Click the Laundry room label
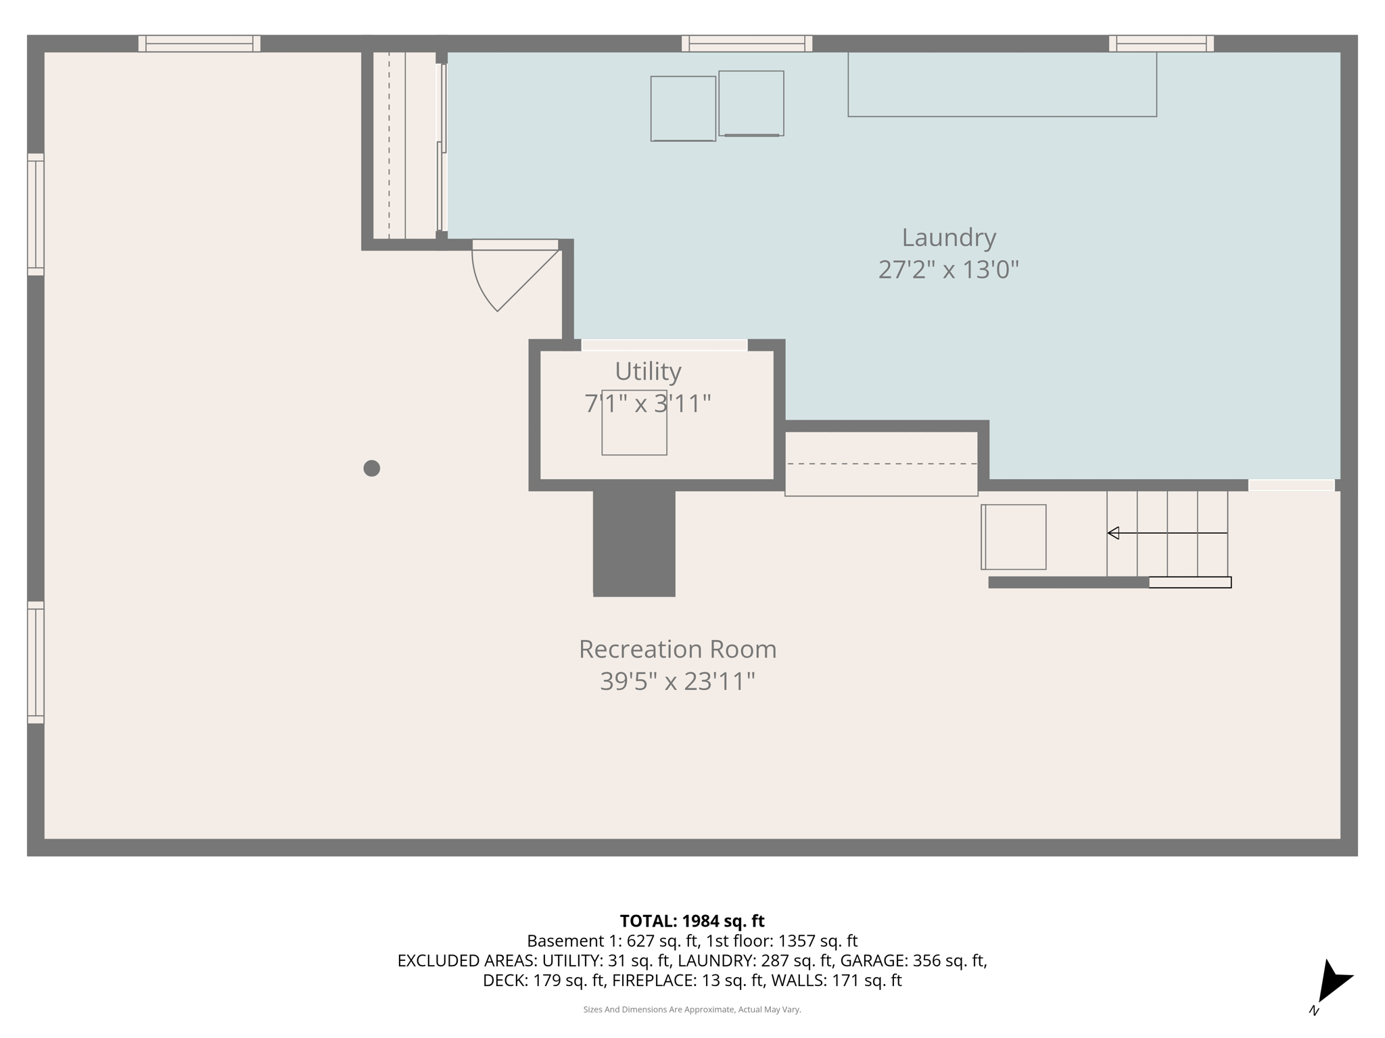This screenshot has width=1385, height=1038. [x=948, y=237]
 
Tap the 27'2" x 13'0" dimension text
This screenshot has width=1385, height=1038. [x=948, y=270]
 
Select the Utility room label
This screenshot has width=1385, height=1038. [x=647, y=371]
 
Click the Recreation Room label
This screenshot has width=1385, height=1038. [x=677, y=649]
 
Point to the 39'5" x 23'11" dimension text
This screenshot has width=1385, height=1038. [x=677, y=681]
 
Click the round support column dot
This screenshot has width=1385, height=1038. [x=371, y=468]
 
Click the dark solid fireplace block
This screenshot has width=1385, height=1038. [x=634, y=543]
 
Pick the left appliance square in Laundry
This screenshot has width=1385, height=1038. [x=683, y=108]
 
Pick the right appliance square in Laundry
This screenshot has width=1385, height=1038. [x=751, y=103]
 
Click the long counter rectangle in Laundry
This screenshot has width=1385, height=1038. [x=1002, y=84]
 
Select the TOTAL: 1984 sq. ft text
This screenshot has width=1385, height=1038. [x=692, y=920]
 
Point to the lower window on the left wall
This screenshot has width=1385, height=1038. [x=36, y=662]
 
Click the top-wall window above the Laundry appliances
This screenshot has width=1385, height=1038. [x=747, y=43]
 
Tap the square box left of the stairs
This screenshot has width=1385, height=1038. [x=1013, y=537]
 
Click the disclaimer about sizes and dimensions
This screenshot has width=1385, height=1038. [x=692, y=1010]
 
